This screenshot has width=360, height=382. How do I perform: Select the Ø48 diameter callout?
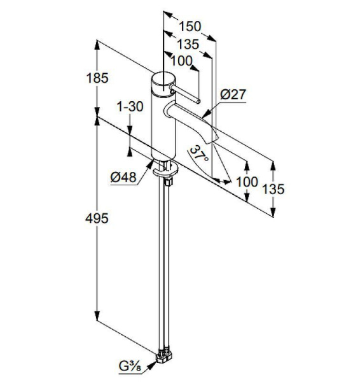pos(123,178)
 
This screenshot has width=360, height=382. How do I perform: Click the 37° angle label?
pos(200,155)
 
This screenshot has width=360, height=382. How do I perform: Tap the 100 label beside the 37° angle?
pos(246,181)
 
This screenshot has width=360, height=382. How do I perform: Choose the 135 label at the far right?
pos(272,189)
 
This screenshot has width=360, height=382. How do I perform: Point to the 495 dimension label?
pos(97,218)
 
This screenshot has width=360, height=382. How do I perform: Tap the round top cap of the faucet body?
pos(163,80)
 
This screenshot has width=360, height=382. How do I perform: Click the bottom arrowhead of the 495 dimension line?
pos(97,318)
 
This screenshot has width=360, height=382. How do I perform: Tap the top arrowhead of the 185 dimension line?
pos(97,43)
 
